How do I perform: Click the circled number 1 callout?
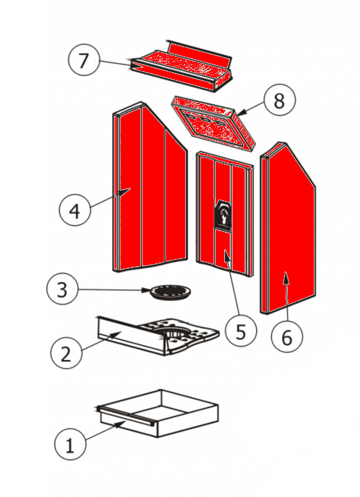point(70,445)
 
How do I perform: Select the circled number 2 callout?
point(66,353)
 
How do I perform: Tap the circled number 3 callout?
point(62,290)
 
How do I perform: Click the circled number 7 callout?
point(83,60)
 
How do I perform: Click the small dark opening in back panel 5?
point(222,216)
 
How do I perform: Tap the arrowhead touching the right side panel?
point(286,275)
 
